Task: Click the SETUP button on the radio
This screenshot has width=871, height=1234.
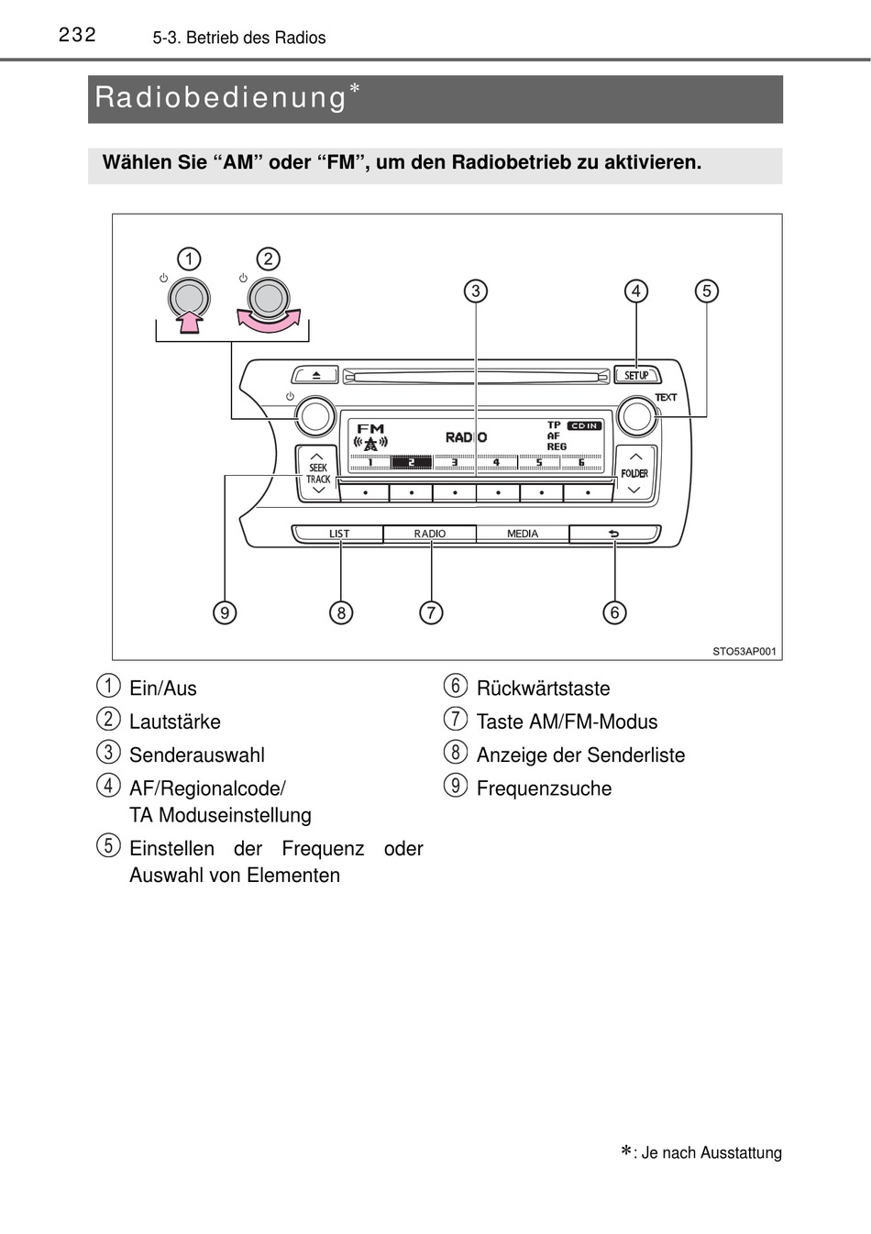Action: tap(636, 375)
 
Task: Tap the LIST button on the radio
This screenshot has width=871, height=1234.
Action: tap(338, 534)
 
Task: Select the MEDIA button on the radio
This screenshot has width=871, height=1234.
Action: tap(523, 534)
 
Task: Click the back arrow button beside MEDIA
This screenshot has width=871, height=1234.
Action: tap(613, 534)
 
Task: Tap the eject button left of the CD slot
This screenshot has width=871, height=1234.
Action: tap(314, 375)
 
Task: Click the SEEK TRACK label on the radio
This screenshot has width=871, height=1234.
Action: tap(318, 473)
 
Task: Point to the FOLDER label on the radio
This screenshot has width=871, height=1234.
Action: tap(634, 473)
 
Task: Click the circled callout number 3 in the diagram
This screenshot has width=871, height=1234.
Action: tap(475, 292)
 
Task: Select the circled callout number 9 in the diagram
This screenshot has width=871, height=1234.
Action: tap(225, 612)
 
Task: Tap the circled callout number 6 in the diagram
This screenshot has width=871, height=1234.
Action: tap(614, 612)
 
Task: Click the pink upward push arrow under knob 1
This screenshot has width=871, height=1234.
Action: tap(189, 321)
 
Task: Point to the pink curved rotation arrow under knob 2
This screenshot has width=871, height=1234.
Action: tap(269, 321)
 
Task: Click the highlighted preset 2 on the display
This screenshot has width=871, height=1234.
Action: tap(412, 462)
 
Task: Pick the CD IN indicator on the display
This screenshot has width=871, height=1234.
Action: tap(584, 425)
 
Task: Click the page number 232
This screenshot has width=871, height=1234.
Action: tap(77, 35)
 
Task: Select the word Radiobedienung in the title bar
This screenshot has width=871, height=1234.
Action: tap(220, 97)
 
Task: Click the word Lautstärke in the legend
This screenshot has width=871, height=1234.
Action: tap(175, 722)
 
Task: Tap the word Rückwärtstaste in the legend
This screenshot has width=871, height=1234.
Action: tap(543, 689)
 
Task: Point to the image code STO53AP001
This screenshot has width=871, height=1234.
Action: tap(744, 652)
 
